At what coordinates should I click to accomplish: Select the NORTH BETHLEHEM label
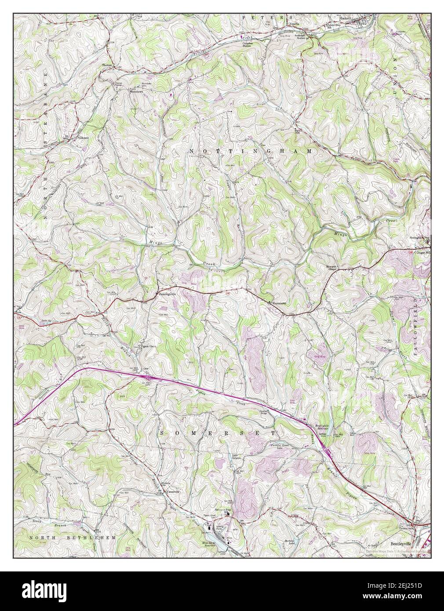point(73,537)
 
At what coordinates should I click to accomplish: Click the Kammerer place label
point(279,303)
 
